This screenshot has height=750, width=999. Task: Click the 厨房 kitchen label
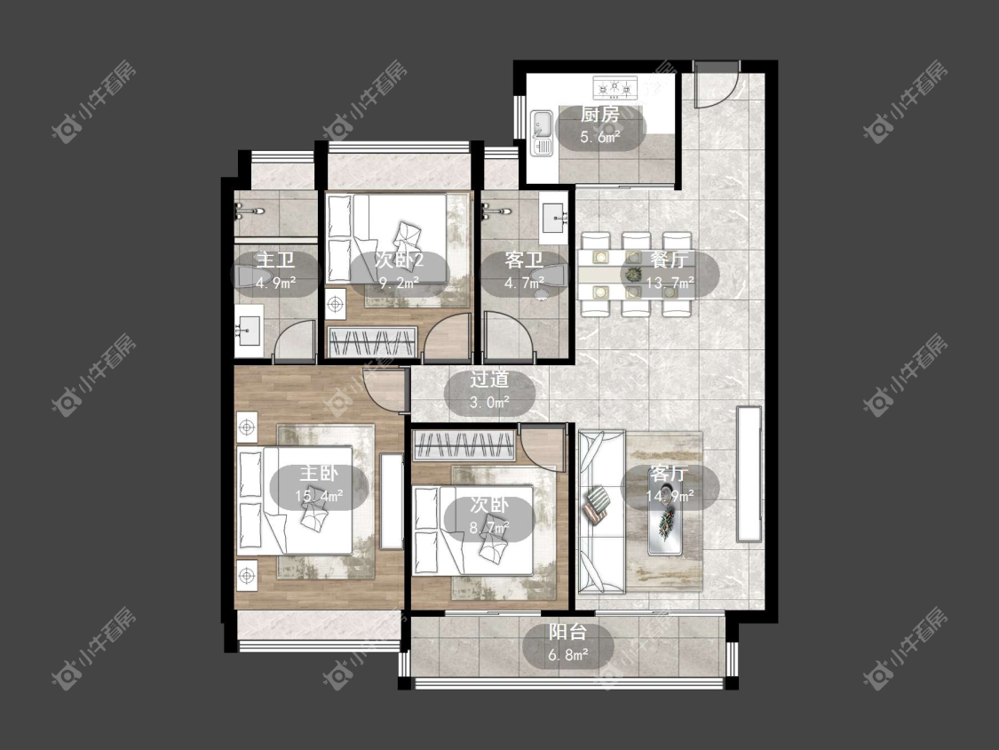click(x=599, y=115)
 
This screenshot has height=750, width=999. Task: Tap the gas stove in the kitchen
click(x=614, y=87)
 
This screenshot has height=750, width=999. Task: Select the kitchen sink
click(x=543, y=133)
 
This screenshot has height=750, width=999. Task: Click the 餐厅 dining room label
click(x=670, y=259)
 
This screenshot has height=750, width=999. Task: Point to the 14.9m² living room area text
click(x=670, y=495)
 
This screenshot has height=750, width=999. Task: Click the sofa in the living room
click(x=601, y=513)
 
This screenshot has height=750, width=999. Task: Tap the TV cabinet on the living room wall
click(x=749, y=474)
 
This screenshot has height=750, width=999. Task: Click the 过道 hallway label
click(x=490, y=379)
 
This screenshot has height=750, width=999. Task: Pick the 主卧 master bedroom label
click(x=319, y=474)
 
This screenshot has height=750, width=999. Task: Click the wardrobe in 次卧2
click(x=372, y=342)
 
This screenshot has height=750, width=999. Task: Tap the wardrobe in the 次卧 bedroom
click(x=464, y=445)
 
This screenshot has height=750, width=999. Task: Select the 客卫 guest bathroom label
click(x=524, y=259)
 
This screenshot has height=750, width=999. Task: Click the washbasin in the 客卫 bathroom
click(x=553, y=218)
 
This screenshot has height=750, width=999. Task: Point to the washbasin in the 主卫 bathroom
click(x=249, y=331)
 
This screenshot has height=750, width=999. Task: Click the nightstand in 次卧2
click(x=335, y=305)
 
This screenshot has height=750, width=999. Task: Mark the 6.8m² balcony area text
click(x=567, y=654)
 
